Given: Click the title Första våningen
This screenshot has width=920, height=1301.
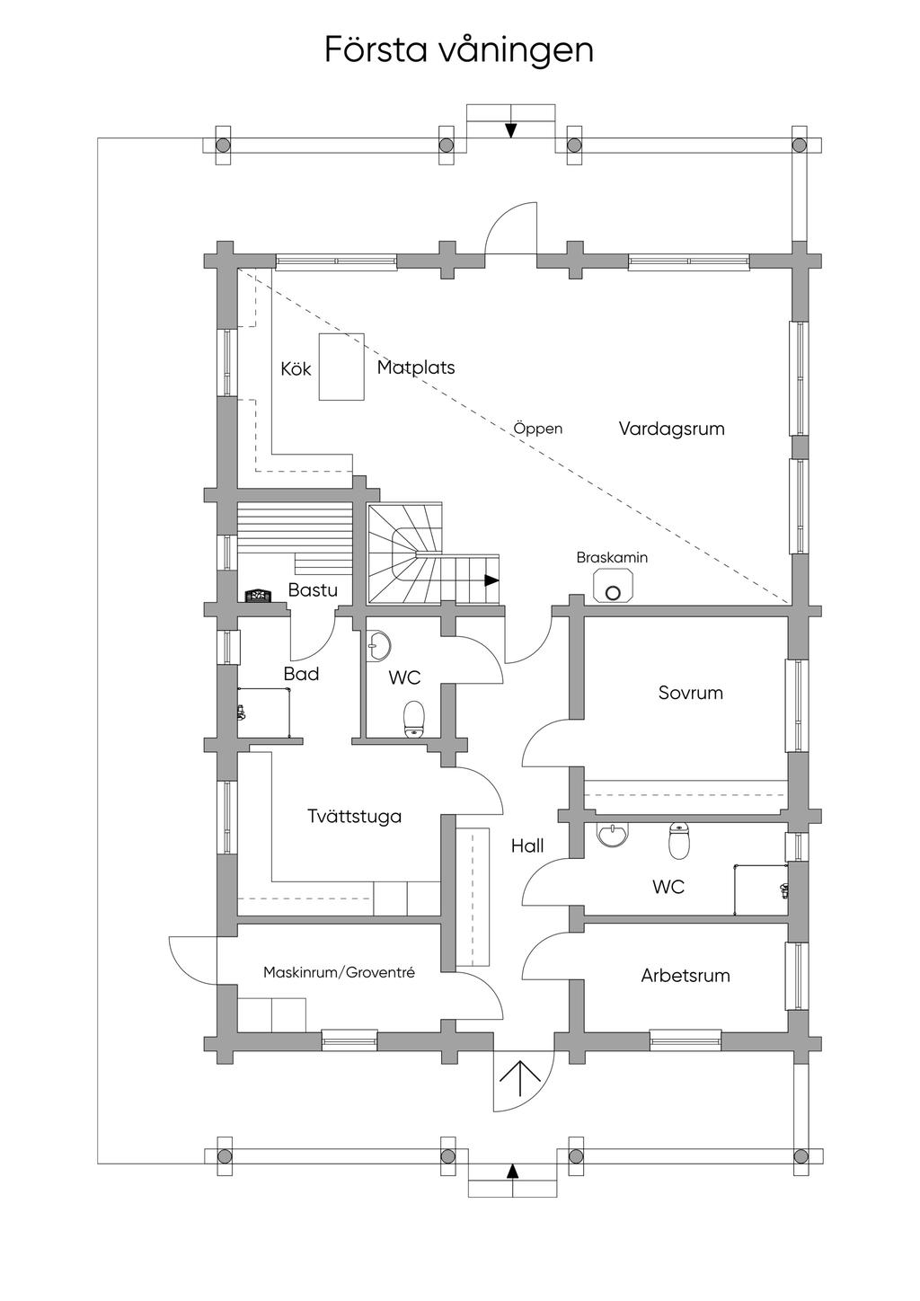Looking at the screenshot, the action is [459, 51].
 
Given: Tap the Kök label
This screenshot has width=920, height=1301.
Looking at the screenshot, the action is [296, 368].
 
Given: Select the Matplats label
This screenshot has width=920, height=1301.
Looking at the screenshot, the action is [416, 367].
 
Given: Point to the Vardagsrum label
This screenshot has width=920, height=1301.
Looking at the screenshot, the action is [671, 429].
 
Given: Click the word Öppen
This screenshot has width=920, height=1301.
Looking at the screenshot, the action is [538, 429].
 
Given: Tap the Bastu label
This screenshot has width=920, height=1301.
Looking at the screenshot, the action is [313, 590].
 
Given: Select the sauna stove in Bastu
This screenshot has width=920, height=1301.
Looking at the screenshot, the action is [258, 596].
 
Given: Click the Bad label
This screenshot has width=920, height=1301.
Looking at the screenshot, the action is [301, 674].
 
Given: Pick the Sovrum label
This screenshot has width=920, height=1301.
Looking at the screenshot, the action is [691, 693].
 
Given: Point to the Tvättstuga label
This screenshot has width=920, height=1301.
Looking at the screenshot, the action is [354, 817].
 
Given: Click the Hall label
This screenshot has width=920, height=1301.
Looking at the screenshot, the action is [527, 846].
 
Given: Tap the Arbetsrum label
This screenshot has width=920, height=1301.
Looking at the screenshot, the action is [686, 976].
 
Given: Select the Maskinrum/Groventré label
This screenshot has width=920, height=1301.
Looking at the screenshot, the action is [340, 972].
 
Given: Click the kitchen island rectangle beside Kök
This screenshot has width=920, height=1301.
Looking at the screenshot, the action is [341, 367].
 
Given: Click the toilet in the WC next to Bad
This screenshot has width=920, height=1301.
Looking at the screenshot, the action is [414, 719].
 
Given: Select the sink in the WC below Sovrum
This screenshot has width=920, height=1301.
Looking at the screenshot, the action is [612, 836].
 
